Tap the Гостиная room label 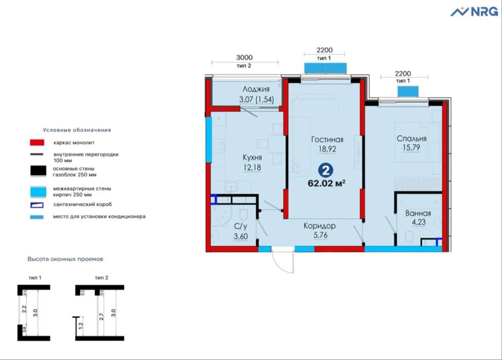click(327, 139)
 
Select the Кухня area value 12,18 click(253, 167)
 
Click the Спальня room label click(411, 139)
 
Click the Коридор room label click(319, 226)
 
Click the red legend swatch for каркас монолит click(37, 142)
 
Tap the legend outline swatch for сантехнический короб click(37, 204)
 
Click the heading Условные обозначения click(77, 130)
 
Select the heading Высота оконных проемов click(68, 259)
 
